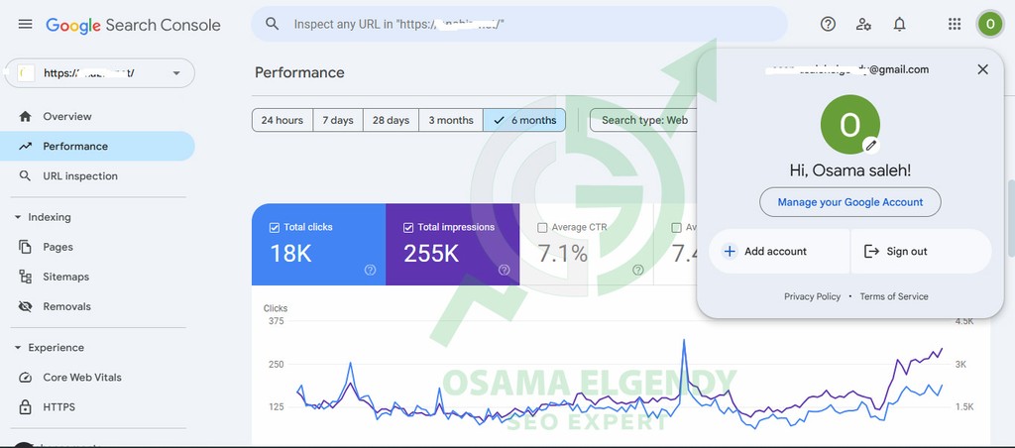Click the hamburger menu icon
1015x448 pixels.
tap(26, 24)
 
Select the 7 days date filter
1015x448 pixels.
tap(338, 120)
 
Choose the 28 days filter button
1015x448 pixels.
tap(391, 120)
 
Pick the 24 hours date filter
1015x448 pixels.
tap(282, 120)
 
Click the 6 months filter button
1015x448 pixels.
tap(524, 120)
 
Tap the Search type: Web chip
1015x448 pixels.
tap(644, 120)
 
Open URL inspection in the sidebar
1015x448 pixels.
tap(79, 176)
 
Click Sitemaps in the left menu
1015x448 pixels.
tap(65, 277)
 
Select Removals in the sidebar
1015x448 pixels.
tap(66, 306)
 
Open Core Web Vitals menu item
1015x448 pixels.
tap(82, 378)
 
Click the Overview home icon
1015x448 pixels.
tap(26, 117)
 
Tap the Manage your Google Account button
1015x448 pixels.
tap(849, 202)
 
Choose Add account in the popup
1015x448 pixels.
tap(775, 252)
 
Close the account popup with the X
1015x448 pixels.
tap(982, 69)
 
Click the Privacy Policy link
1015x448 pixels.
tap(812, 296)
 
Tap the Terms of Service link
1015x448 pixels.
tap(894, 296)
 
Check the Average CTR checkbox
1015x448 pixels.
tap(542, 228)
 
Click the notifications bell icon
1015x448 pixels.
tap(899, 24)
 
